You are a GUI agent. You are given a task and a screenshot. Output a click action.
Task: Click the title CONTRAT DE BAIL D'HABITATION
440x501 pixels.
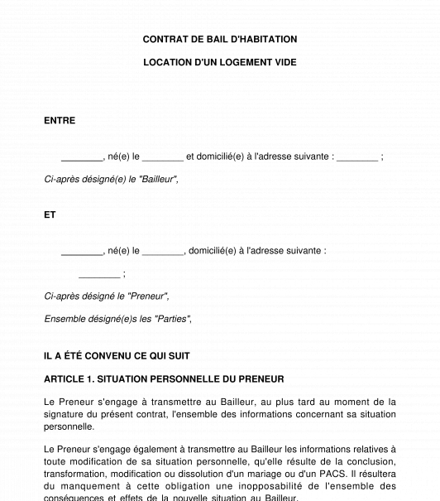(x=220, y=39)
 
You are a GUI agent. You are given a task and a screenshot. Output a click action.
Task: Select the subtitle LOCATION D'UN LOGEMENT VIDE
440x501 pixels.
(x=220, y=62)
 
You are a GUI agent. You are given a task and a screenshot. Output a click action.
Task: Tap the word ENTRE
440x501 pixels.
(x=60, y=121)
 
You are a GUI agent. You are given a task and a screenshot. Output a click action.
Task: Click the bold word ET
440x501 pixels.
(x=50, y=214)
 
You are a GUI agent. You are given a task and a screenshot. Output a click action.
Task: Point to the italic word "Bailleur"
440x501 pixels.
(x=158, y=180)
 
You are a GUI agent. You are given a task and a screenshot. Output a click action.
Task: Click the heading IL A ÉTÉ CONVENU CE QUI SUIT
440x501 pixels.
(x=117, y=356)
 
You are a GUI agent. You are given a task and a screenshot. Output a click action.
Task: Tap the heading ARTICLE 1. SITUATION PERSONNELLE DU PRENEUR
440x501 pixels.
(x=164, y=379)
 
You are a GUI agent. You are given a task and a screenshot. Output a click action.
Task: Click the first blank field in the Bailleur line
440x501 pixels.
(x=81, y=157)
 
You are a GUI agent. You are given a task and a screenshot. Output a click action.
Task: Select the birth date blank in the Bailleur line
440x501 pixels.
(x=163, y=157)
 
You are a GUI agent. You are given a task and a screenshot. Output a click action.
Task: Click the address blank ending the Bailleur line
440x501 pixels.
(x=357, y=157)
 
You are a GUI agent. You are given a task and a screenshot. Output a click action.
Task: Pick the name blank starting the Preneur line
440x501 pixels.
(x=81, y=251)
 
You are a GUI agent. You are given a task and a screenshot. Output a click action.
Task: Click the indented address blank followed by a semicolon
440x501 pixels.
(x=99, y=275)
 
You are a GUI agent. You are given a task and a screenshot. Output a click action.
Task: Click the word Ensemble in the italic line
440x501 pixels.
(x=65, y=319)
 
